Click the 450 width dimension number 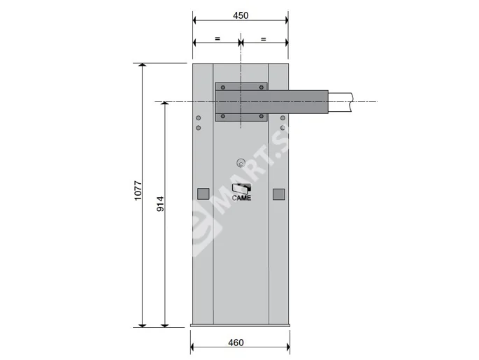[x=239, y=15]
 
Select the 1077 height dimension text [x=138, y=192]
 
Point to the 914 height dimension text [x=160, y=203]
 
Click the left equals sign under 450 [x=217, y=39]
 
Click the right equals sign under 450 [x=263, y=39]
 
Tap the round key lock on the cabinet [x=241, y=163]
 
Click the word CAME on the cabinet [x=241, y=197]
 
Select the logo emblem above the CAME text [x=241, y=187]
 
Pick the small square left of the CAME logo [x=203, y=194]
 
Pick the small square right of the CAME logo [x=279, y=194]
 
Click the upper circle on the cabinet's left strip [x=199, y=118]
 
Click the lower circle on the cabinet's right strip [x=283, y=128]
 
